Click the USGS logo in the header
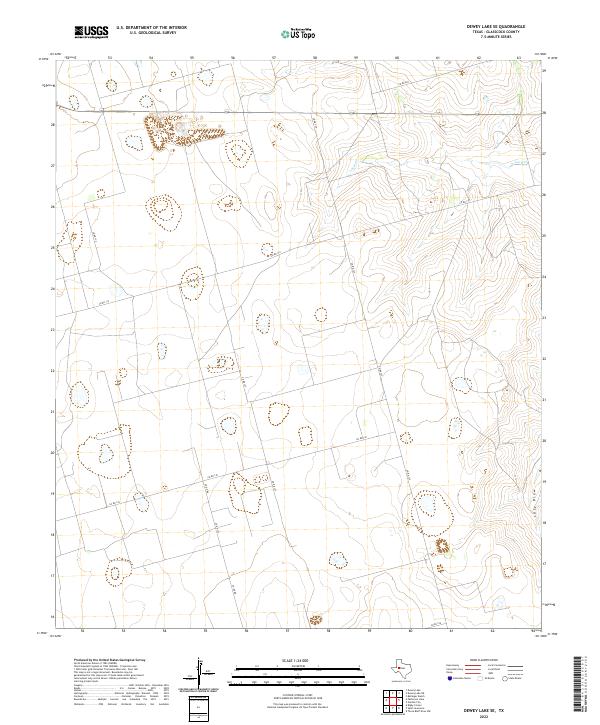pos(91,32)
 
